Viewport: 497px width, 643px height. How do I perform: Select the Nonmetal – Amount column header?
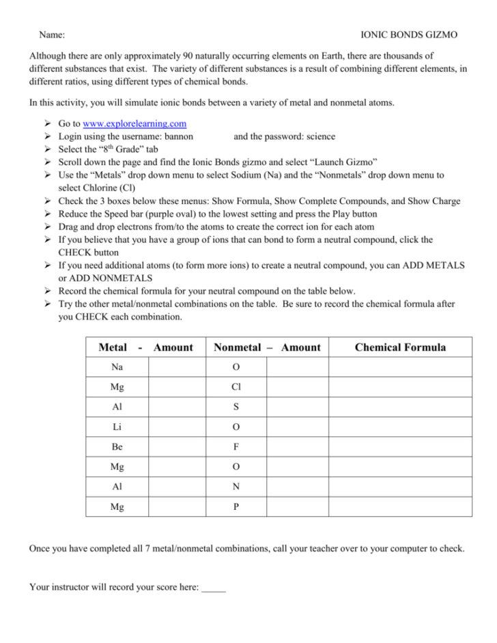pos(267,347)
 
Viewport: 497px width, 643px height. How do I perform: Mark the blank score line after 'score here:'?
pos(214,586)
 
